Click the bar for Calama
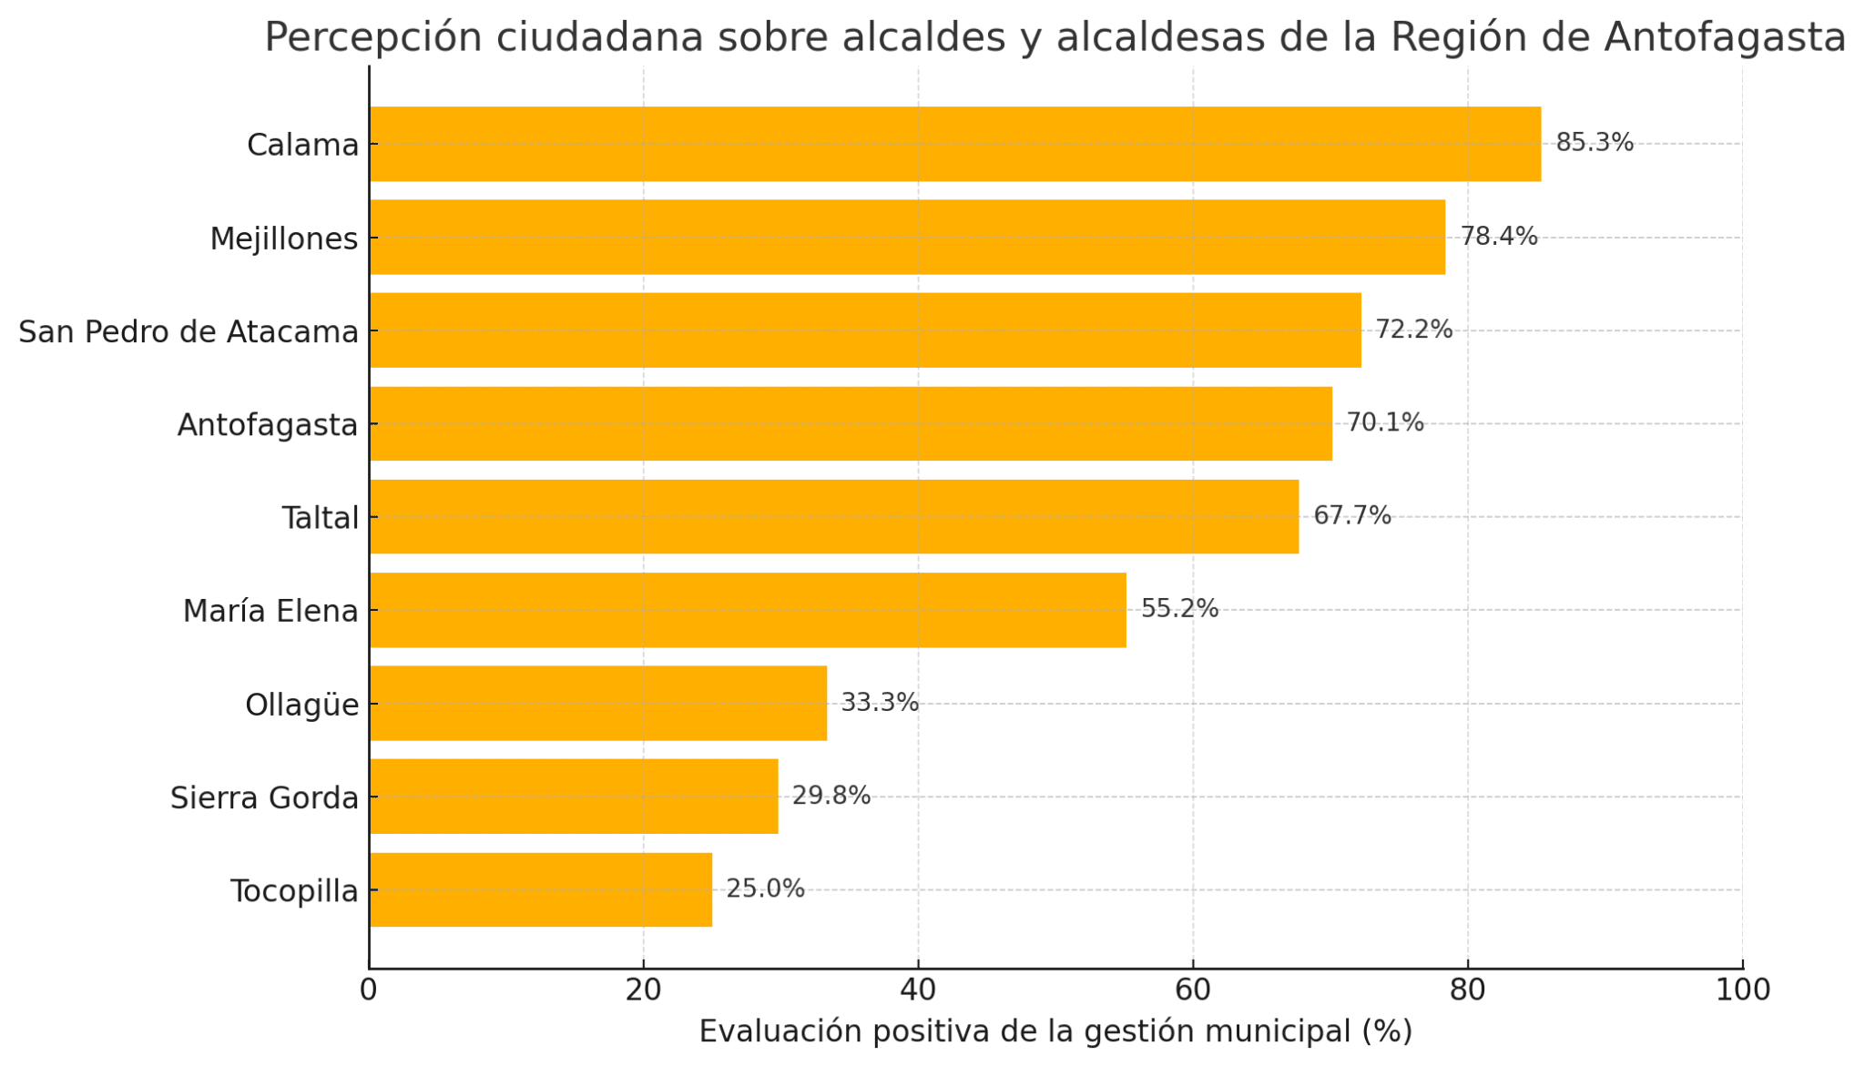[954, 144]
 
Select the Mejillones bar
[907, 237]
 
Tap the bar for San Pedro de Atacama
[865, 330]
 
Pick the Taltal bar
[834, 517]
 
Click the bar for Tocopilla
[541, 889]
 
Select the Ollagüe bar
[598, 704]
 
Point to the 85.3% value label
[1594, 143]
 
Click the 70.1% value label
[1384, 423]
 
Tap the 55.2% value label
[1179, 609]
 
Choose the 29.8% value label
[831, 797]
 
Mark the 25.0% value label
[765, 889]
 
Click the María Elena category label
[270, 611]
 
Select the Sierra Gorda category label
[264, 798]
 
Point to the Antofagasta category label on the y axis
[268, 425]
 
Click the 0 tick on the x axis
[369, 990]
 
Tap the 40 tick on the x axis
[918, 990]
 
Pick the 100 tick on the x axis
[1742, 990]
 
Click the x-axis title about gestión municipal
[1055, 1031]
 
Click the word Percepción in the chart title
[368, 38]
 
